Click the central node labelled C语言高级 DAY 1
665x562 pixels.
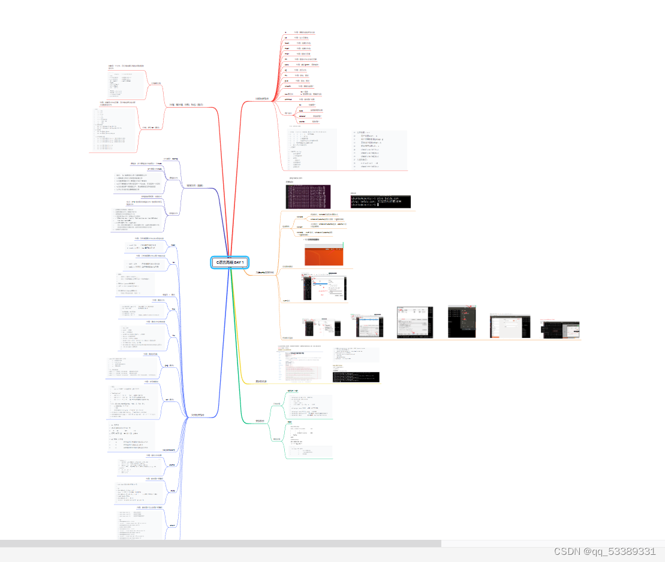[x=230, y=262]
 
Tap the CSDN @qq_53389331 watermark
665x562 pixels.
[x=604, y=551]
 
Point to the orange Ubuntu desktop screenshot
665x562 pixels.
[x=324, y=255]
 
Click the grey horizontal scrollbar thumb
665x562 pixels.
[x=220, y=543]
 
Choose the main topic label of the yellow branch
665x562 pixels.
[x=261, y=381]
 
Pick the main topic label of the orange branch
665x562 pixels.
[x=264, y=272]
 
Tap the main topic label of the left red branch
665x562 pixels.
[x=186, y=105]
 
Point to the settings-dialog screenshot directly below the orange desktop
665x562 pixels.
[x=324, y=290]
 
